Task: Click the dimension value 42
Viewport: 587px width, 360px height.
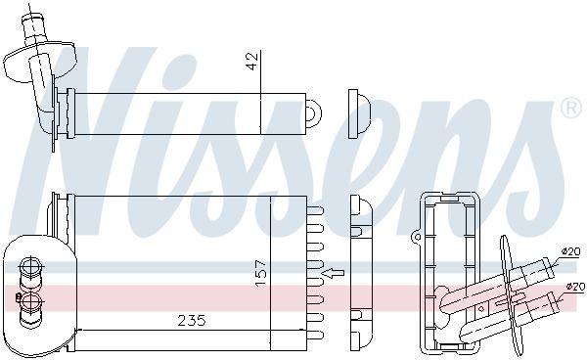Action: pyautogui.click(x=252, y=61)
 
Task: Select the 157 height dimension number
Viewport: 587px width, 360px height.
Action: pyautogui.click(x=261, y=273)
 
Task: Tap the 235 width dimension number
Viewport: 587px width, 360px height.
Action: pyautogui.click(x=192, y=320)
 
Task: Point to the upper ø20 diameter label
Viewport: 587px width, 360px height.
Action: pyautogui.click(x=570, y=251)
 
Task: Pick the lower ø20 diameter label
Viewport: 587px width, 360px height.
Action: pyautogui.click(x=575, y=287)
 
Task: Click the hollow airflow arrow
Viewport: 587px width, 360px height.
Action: pyautogui.click(x=334, y=273)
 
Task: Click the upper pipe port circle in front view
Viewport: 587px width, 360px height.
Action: pyautogui.click(x=30, y=267)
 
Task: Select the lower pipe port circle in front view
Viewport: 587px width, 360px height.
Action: pyautogui.click(x=30, y=301)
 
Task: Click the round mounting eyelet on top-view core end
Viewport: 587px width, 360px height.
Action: pyautogui.click(x=313, y=113)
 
